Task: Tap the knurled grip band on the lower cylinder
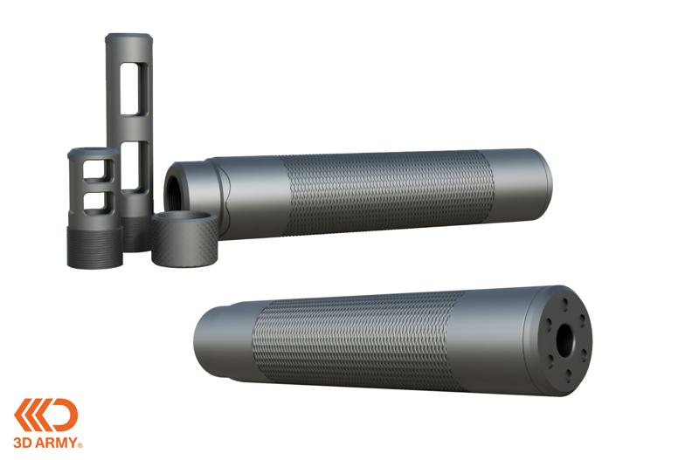coord(358,340)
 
